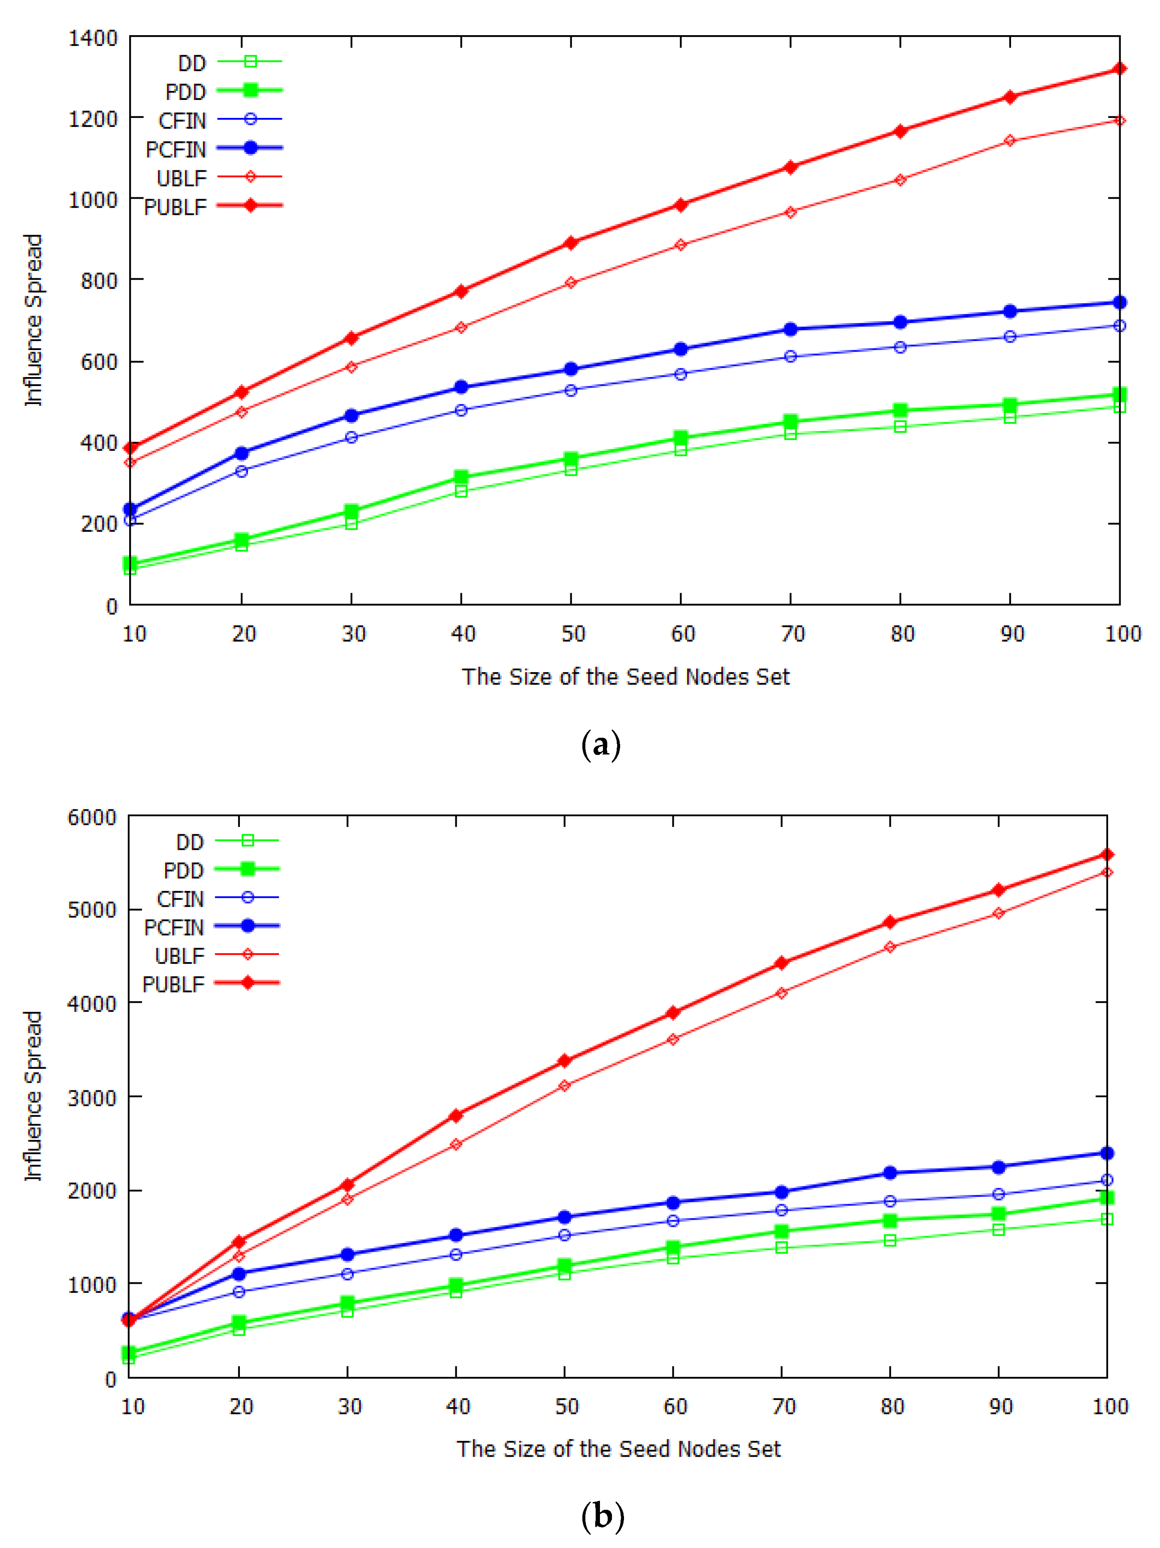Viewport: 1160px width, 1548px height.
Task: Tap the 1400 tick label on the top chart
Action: pos(92,38)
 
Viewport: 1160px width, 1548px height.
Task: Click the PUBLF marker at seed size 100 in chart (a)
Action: pos(1119,69)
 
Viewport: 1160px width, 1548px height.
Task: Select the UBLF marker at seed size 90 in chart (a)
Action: pos(1009,141)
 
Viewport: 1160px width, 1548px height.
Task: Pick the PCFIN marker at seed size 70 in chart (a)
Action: pos(790,329)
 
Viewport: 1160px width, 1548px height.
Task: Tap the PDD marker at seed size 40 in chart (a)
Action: pos(460,477)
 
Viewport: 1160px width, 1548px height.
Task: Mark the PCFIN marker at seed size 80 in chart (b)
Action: pos(890,1172)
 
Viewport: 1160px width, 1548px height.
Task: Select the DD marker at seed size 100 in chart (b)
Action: pos(1107,1219)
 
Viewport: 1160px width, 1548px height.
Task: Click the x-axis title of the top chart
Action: pos(625,677)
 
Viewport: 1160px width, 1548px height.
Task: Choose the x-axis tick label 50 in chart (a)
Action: pos(572,634)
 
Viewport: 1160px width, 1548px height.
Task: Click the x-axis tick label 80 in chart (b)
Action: pos(892,1406)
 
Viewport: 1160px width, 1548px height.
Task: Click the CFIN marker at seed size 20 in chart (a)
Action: pos(242,471)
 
